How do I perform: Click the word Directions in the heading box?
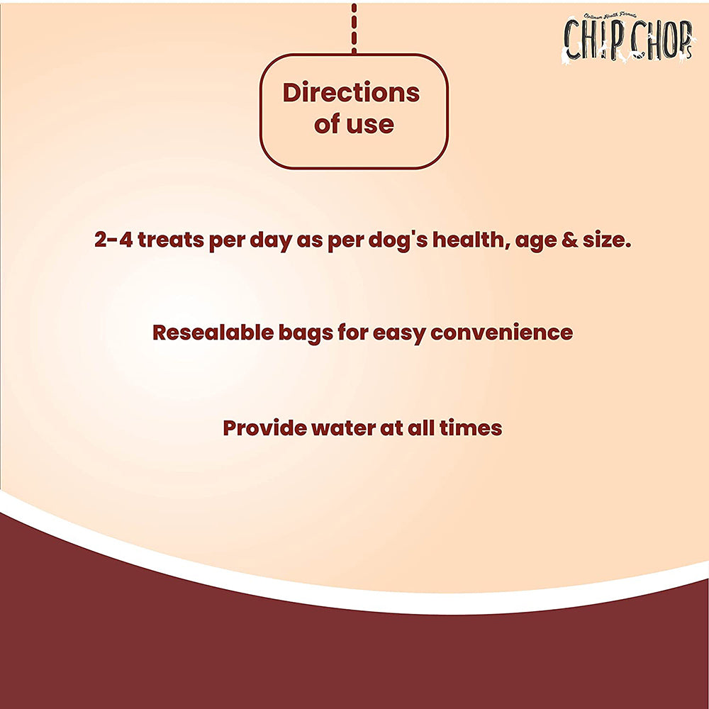pos(351,93)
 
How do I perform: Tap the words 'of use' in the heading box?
pos(354,125)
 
